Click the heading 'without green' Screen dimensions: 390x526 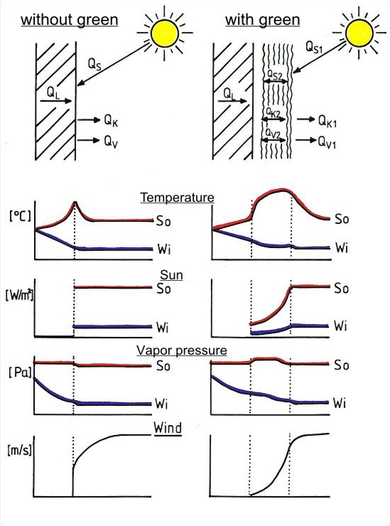(70, 20)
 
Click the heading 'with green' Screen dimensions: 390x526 (263, 20)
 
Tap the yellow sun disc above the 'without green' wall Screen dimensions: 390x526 (165, 33)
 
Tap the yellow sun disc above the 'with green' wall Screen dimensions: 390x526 (359, 33)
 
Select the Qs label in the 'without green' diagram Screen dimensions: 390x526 (94, 64)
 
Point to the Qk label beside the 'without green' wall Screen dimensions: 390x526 (111, 121)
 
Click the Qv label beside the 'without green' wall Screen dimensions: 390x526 (111, 142)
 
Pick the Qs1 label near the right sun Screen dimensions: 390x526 (314, 47)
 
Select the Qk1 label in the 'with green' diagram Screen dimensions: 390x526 (327, 121)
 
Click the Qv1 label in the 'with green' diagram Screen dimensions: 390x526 (327, 142)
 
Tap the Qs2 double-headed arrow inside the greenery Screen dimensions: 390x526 (276, 81)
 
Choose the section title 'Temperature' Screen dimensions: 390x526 (177, 198)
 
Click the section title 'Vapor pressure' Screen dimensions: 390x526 (182, 350)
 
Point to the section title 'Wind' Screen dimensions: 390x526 (168, 428)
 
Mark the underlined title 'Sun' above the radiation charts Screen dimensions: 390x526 (171, 275)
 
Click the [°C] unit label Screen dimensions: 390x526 (20, 215)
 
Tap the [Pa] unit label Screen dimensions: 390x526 (20, 372)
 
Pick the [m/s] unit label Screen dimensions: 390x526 (19, 451)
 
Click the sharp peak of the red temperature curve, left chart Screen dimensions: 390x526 (75, 202)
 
